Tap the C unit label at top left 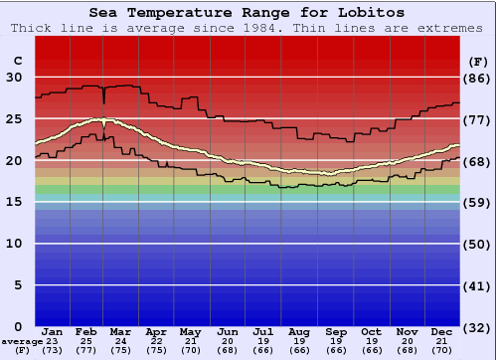16,61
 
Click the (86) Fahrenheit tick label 478,78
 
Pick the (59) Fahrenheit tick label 478,202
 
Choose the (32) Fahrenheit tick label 478,327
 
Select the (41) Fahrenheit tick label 478,285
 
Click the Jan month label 53,330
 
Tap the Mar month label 121,330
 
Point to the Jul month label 263,330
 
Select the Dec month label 441,330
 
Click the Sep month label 335,330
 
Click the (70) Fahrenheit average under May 190,350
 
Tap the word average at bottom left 22,341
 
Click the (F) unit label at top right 478,61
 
